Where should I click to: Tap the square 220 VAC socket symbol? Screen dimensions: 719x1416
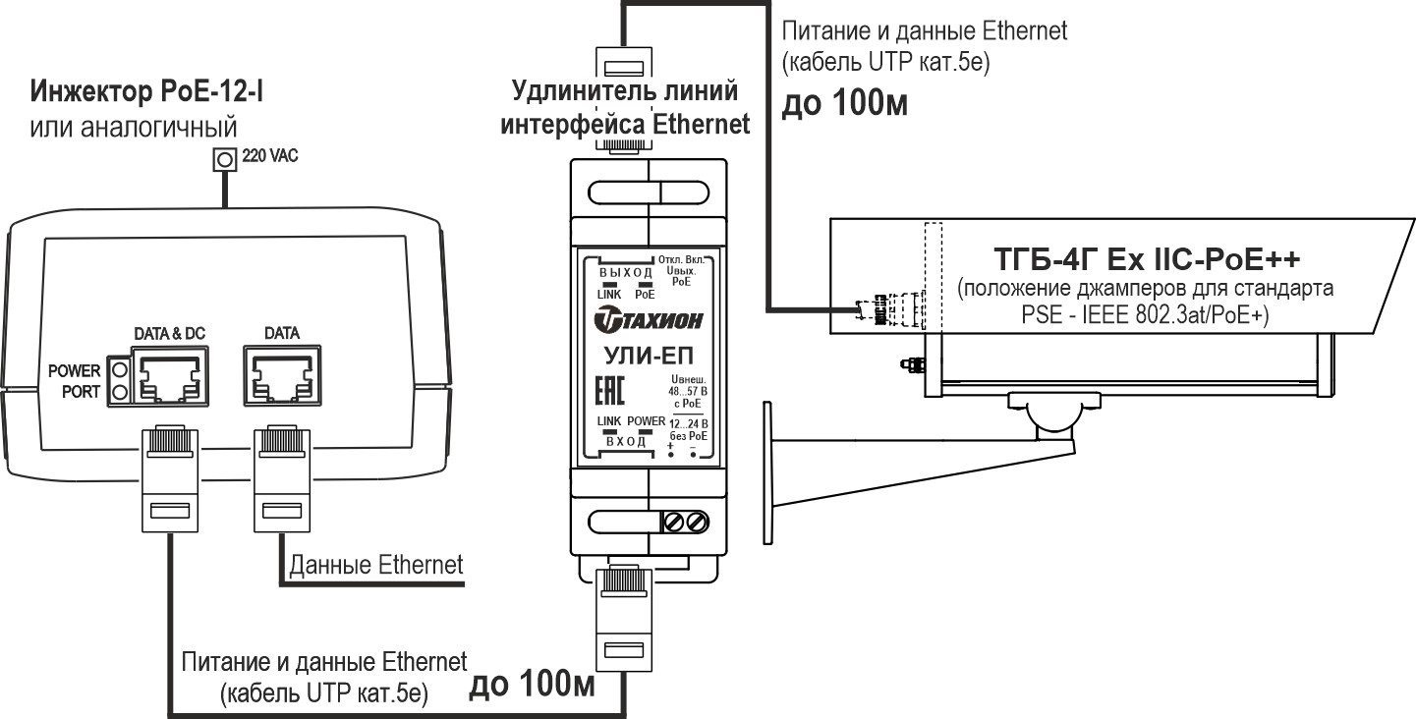tap(226, 158)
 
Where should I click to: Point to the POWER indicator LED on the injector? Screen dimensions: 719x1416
tap(121, 370)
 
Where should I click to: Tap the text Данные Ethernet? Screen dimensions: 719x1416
tap(374, 565)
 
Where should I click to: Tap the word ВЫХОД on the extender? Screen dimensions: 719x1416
tap(626, 272)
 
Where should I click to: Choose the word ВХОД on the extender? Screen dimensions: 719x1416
tap(626, 440)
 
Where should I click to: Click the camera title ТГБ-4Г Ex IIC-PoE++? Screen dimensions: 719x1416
tap(1148, 259)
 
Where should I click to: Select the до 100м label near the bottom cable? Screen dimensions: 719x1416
tap(532, 685)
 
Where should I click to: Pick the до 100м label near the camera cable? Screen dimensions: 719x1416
tap(844, 103)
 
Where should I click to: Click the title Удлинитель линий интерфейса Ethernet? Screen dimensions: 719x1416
tap(626, 108)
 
